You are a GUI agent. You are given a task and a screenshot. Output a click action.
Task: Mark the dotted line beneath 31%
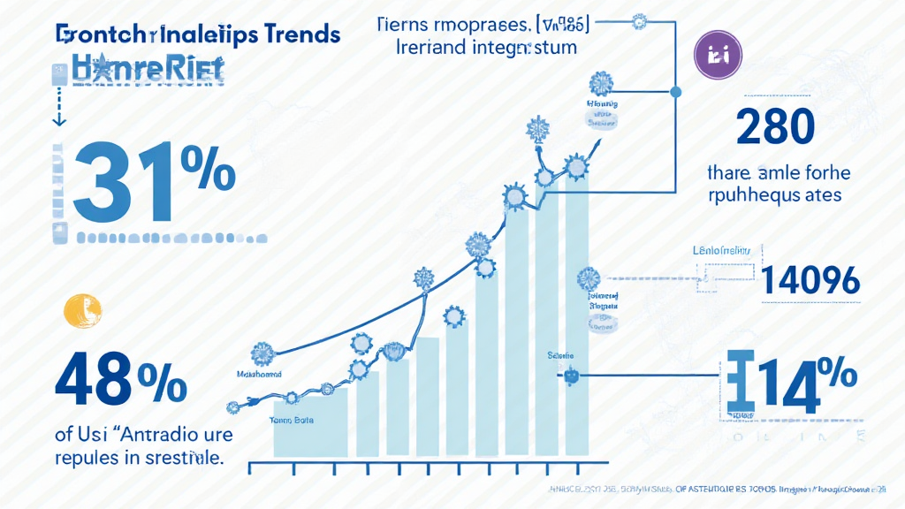(x=171, y=239)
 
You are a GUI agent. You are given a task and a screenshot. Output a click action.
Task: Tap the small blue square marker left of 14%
(x=571, y=375)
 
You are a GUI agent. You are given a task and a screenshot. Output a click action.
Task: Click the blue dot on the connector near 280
(x=677, y=91)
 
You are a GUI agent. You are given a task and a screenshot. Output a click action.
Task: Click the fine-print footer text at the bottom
(x=716, y=488)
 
